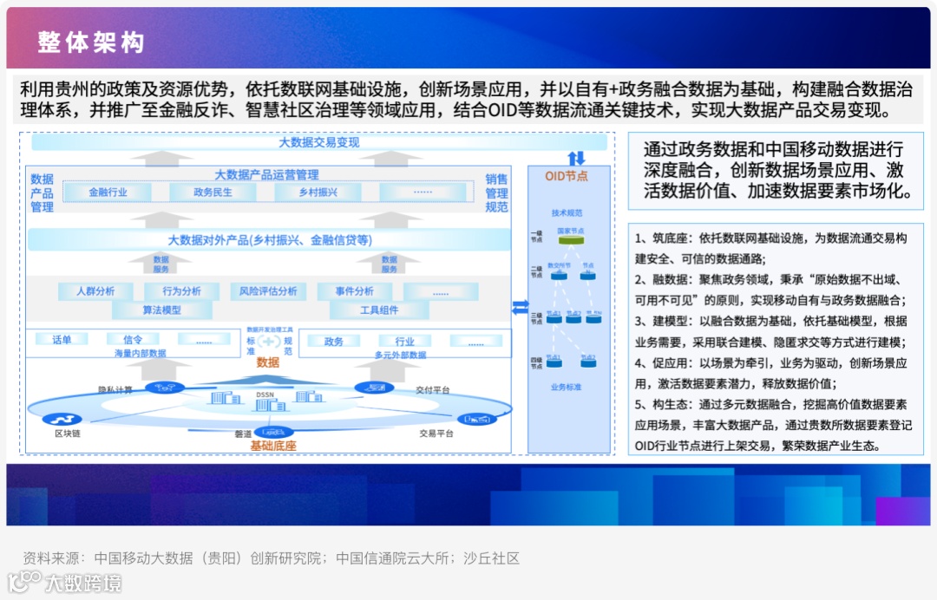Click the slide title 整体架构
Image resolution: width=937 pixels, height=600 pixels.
90,42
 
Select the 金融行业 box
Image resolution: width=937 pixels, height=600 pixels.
108,192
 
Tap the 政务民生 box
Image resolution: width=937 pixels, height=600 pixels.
213,192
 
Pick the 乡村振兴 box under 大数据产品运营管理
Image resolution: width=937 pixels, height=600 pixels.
318,192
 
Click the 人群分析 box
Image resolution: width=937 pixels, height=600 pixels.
95,291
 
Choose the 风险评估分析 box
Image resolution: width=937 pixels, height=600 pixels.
268,291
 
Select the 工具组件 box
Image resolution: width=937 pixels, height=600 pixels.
379,310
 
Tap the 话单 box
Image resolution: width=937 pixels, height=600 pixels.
62,340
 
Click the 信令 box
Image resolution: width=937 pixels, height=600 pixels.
132,340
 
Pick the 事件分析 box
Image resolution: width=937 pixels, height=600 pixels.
354,291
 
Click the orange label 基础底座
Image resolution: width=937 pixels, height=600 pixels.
273,446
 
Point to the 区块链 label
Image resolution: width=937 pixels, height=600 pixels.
69,433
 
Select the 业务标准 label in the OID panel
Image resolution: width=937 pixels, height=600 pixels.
566,387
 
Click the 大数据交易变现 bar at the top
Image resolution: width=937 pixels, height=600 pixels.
318,142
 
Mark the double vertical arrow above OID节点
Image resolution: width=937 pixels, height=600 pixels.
577,158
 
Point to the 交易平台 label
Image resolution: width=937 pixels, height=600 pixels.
436,433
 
